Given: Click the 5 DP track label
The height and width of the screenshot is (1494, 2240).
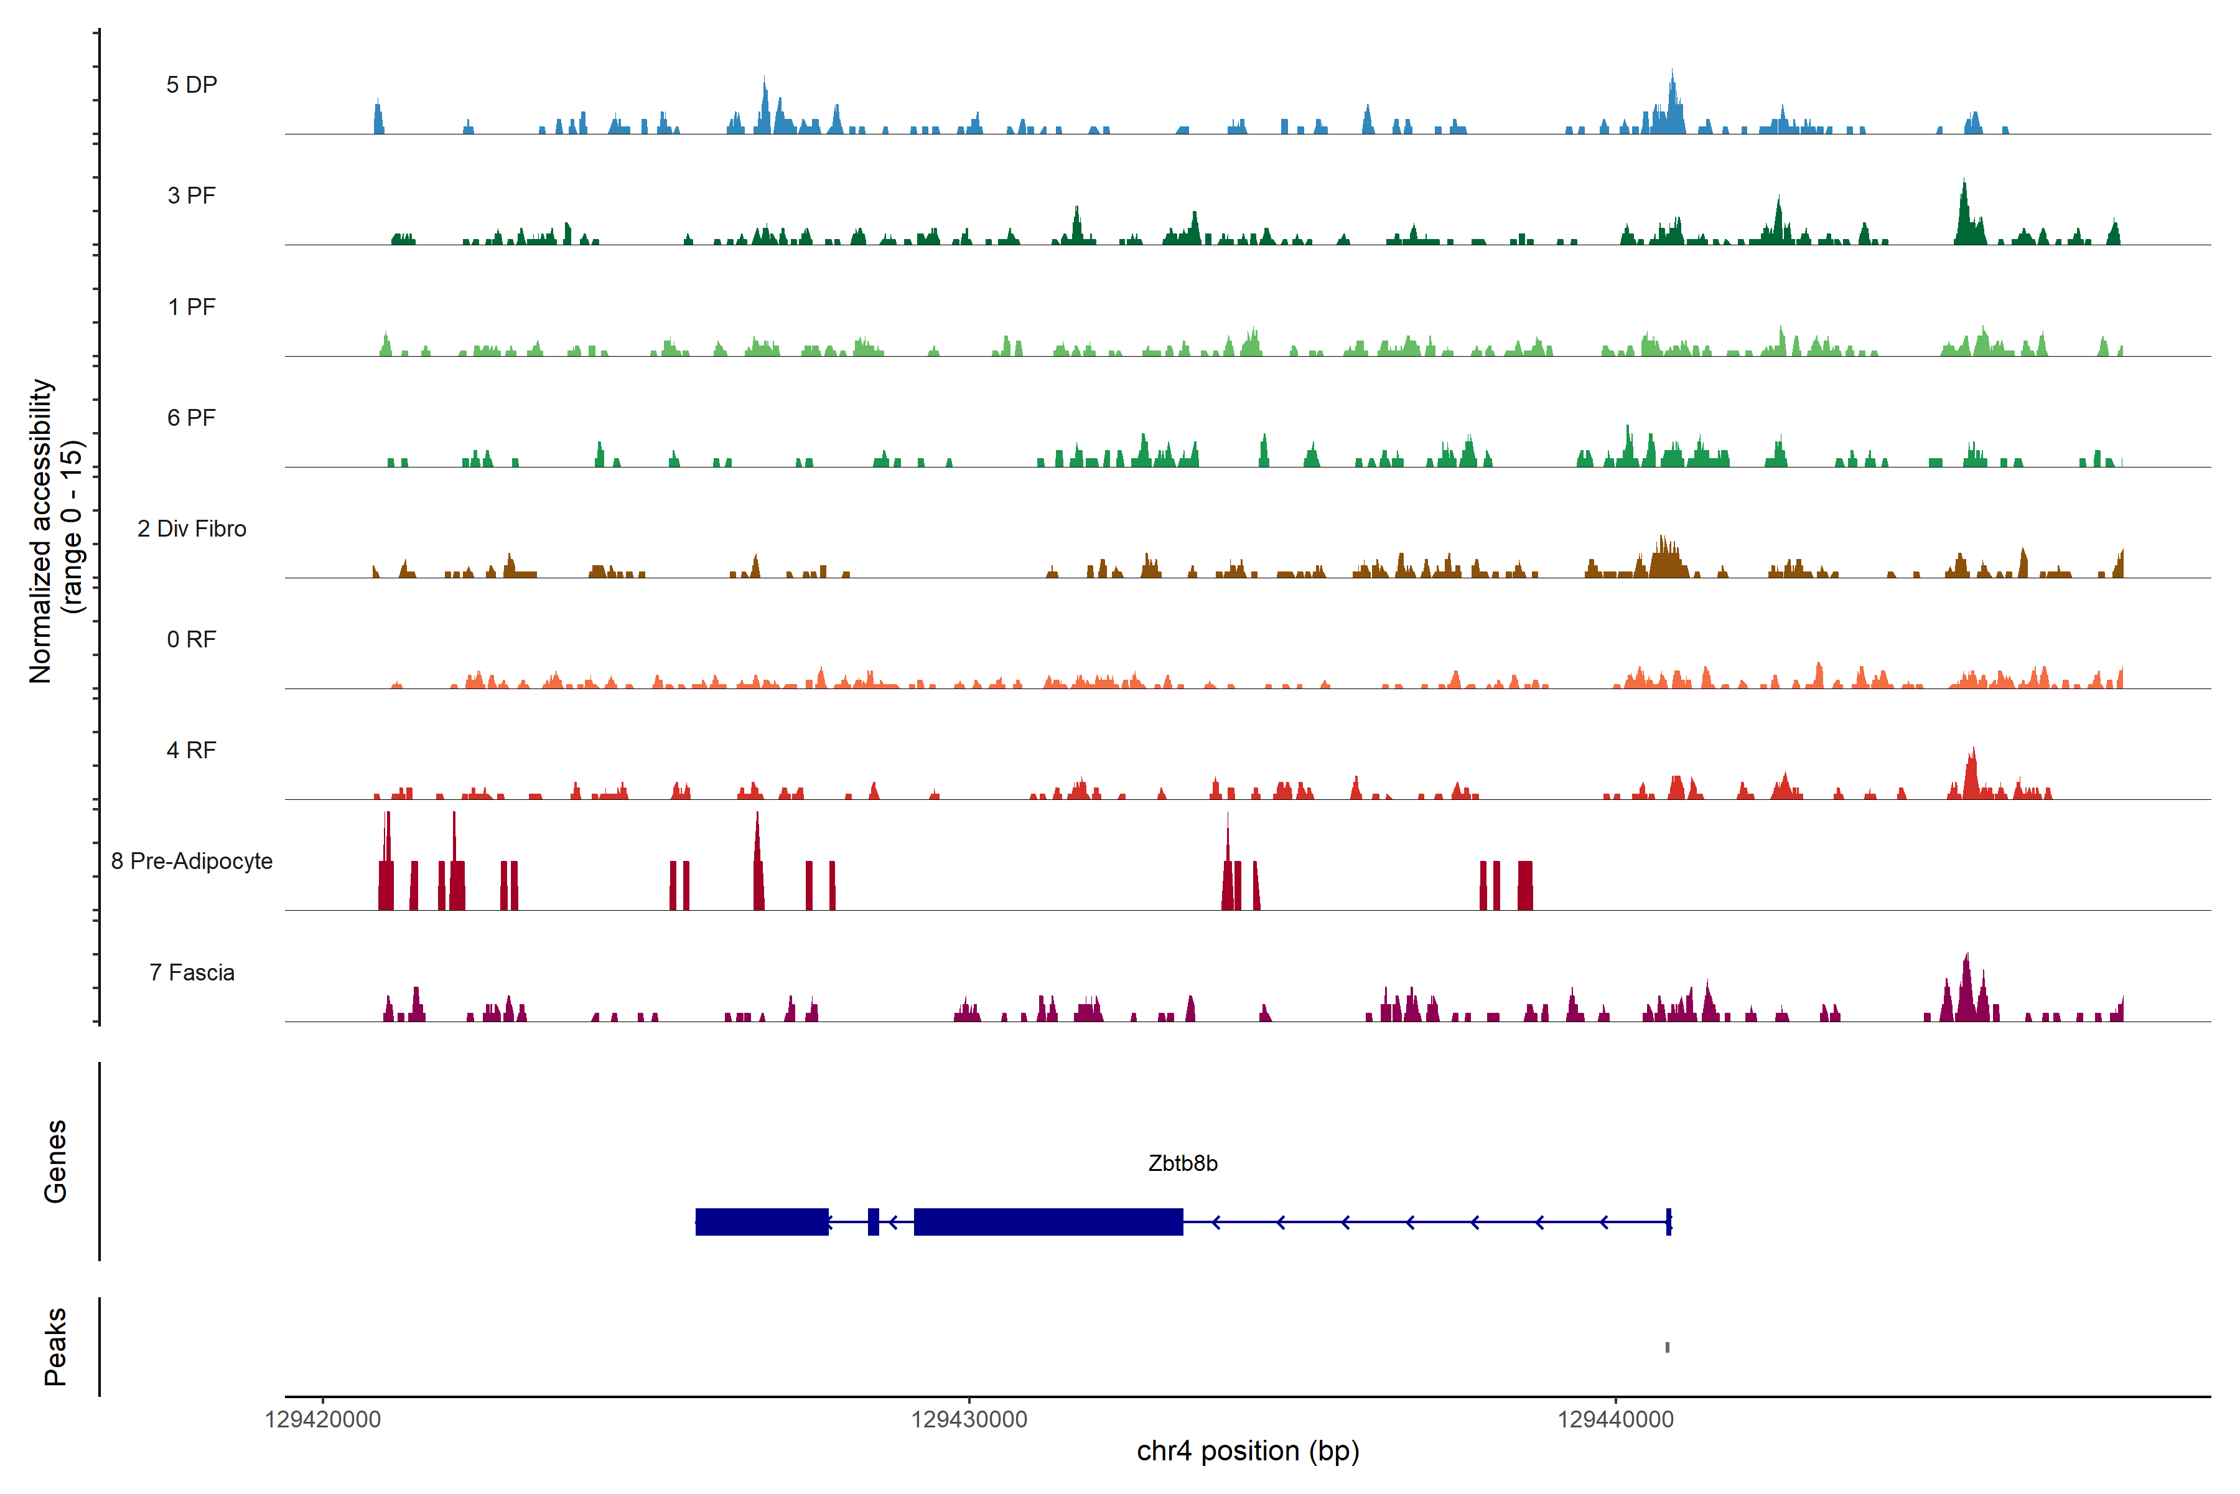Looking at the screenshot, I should (192, 85).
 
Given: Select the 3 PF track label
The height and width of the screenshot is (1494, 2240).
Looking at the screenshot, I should (192, 195).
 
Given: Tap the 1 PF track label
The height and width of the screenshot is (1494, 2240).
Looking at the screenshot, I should (192, 307).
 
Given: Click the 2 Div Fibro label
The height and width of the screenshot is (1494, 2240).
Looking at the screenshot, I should (192, 529).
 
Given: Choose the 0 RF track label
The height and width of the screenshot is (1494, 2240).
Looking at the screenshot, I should (192, 639).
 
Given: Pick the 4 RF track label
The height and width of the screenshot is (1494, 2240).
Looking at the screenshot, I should (192, 750).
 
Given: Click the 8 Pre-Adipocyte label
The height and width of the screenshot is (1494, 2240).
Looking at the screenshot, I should (192, 862).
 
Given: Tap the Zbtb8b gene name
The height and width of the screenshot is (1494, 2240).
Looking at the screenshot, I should (1183, 1163).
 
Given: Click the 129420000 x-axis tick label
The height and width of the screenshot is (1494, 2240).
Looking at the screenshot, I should (323, 1420).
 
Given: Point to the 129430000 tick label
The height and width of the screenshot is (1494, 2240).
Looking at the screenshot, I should (969, 1420).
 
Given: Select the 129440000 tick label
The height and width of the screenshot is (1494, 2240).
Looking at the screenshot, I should (1615, 1420).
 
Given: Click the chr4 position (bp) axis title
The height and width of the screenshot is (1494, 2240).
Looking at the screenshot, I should (1248, 1451).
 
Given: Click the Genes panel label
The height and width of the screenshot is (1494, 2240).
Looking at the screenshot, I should (55, 1162).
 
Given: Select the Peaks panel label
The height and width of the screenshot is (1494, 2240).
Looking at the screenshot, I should (55, 1346).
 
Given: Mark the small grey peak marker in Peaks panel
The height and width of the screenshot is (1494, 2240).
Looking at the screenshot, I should (1668, 1347).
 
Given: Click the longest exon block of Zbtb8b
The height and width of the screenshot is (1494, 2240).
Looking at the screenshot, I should (1048, 1221).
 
